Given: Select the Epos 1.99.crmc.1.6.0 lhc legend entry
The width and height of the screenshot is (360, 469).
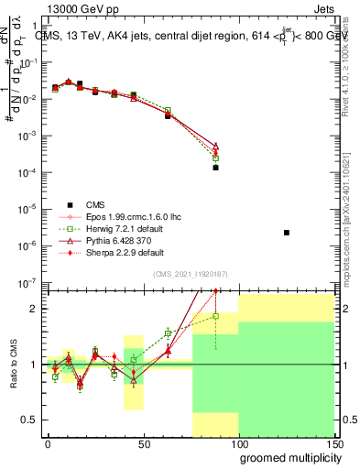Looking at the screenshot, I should click(x=111, y=216).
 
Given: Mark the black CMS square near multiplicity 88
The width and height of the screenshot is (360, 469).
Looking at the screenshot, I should click(x=216, y=168).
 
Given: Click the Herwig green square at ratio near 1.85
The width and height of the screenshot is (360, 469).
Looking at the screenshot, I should click(x=216, y=316).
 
